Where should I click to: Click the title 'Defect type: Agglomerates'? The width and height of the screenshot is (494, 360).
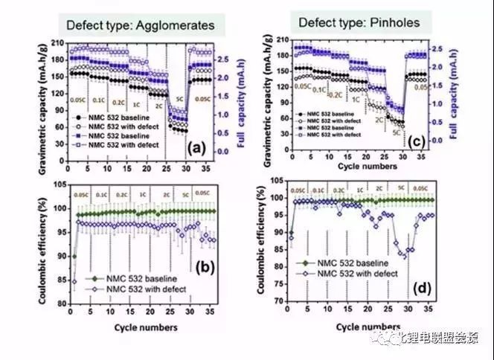(140, 25)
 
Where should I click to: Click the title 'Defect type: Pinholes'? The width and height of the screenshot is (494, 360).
(359, 22)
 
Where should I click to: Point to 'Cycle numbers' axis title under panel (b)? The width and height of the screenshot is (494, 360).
(146, 327)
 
